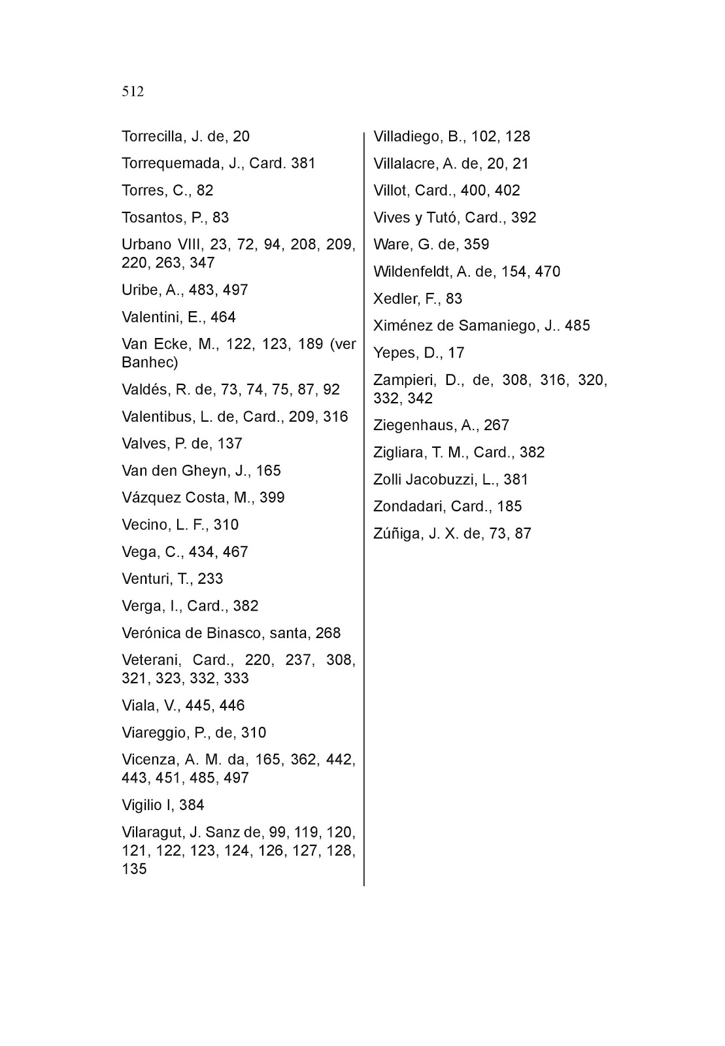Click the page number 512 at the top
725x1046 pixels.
[133, 92]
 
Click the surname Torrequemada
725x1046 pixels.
[172, 163]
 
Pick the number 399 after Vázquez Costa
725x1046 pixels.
[272, 498]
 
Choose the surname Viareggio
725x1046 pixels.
[154, 732]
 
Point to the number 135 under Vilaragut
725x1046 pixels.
[134, 869]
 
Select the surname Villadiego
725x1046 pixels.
[406, 137]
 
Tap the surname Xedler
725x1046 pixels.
[394, 299]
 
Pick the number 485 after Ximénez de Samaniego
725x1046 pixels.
[577, 326]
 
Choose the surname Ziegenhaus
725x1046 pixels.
[414, 425]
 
